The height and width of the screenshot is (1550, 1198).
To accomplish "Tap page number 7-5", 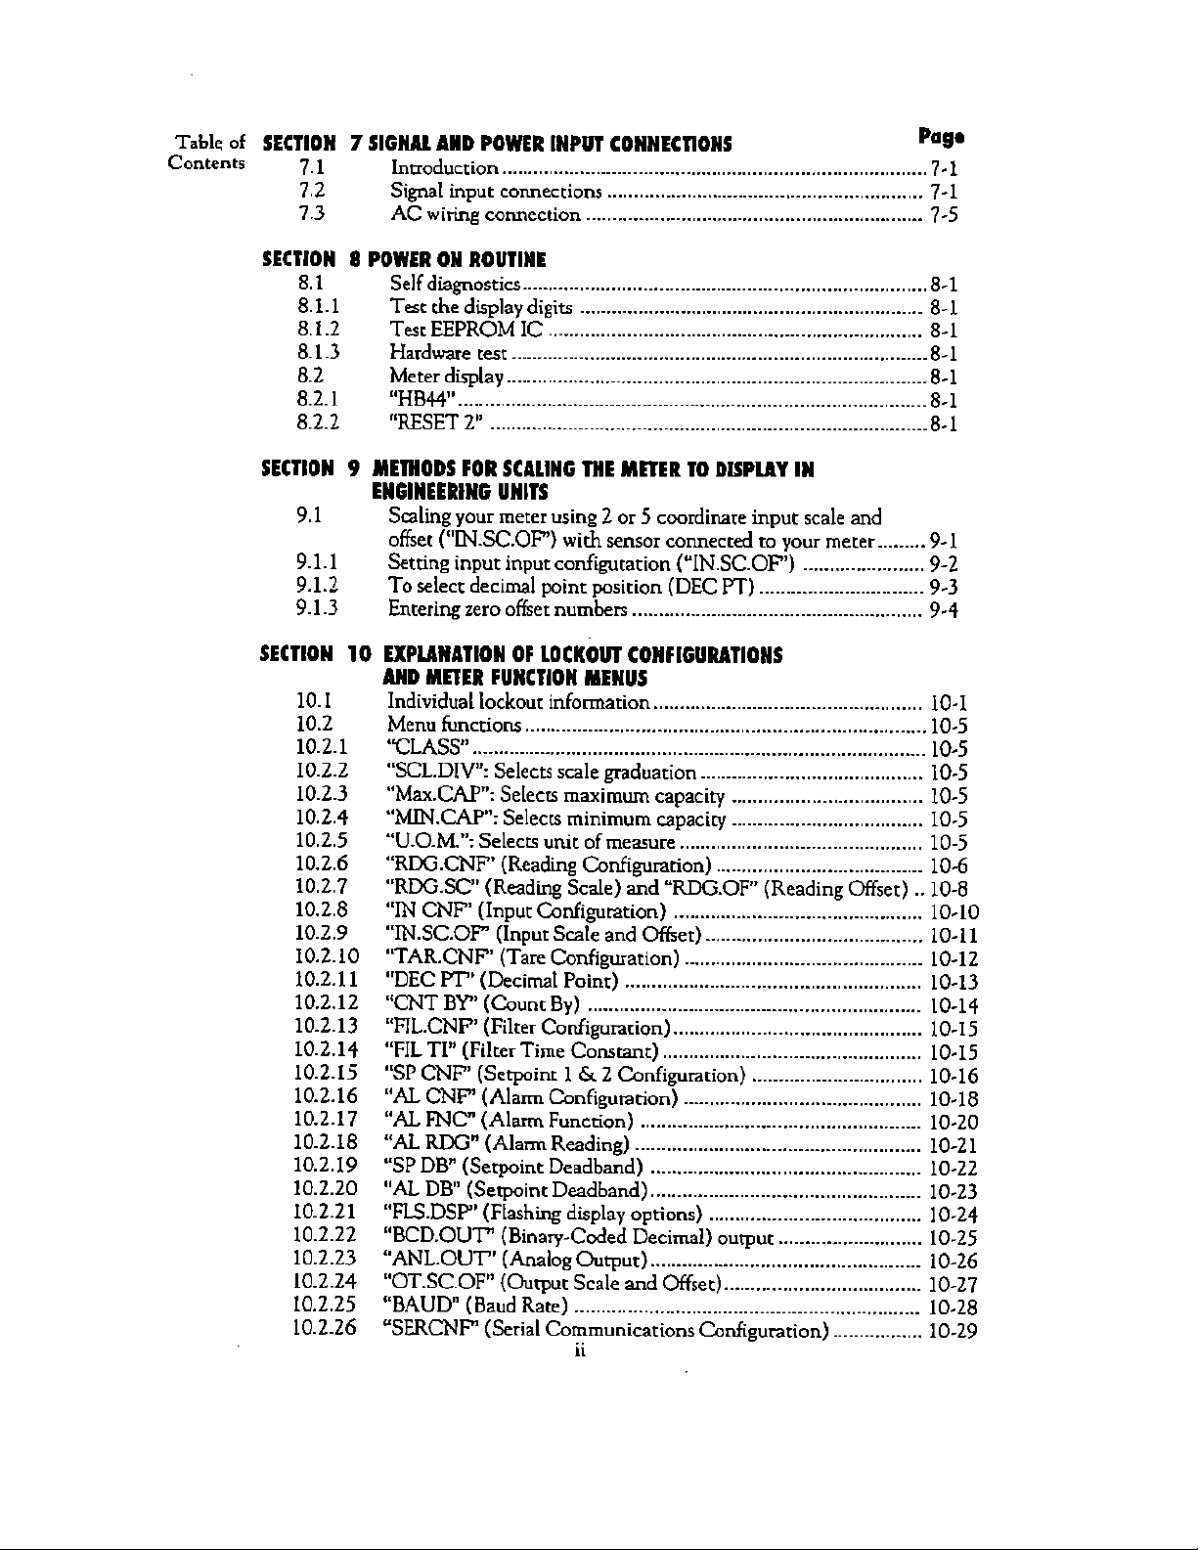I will click(944, 215).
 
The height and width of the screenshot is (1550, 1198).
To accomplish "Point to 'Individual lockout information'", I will click(518, 701).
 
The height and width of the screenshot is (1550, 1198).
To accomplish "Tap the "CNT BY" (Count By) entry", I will click(484, 1003).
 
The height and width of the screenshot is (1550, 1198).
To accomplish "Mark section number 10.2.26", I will click(327, 1329).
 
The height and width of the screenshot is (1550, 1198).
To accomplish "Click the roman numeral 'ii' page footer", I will click(579, 1351).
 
